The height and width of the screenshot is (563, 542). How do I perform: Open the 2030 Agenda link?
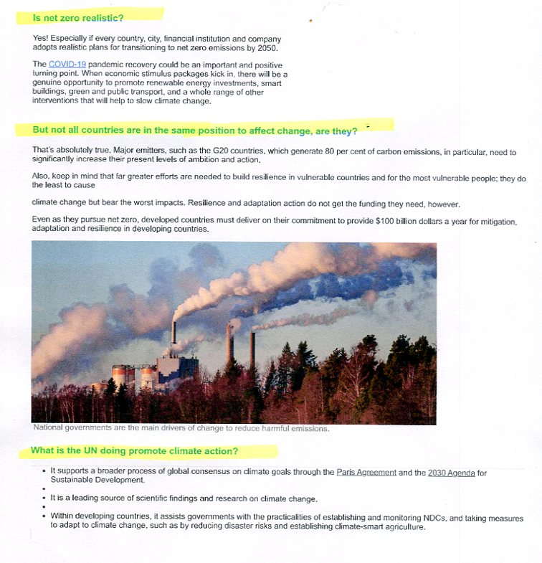click(x=451, y=472)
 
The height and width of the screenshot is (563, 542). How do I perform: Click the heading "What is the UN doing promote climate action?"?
click(x=135, y=451)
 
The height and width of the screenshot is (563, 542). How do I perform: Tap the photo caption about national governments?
click(x=181, y=428)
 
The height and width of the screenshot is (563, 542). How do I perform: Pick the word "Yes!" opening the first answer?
click(x=42, y=39)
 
